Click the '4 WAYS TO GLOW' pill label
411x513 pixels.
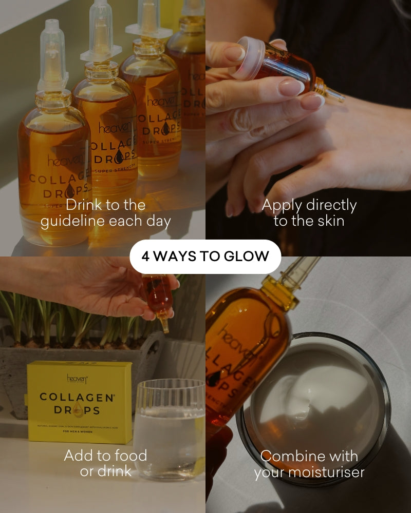coord(205,256)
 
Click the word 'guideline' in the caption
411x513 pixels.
coord(72,222)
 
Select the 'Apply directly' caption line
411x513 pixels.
coord(309,205)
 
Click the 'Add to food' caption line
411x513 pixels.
coord(105,455)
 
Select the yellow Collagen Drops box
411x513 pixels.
coord(79,402)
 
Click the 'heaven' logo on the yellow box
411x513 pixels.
coord(77,379)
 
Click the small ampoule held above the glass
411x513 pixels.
coord(158,298)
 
